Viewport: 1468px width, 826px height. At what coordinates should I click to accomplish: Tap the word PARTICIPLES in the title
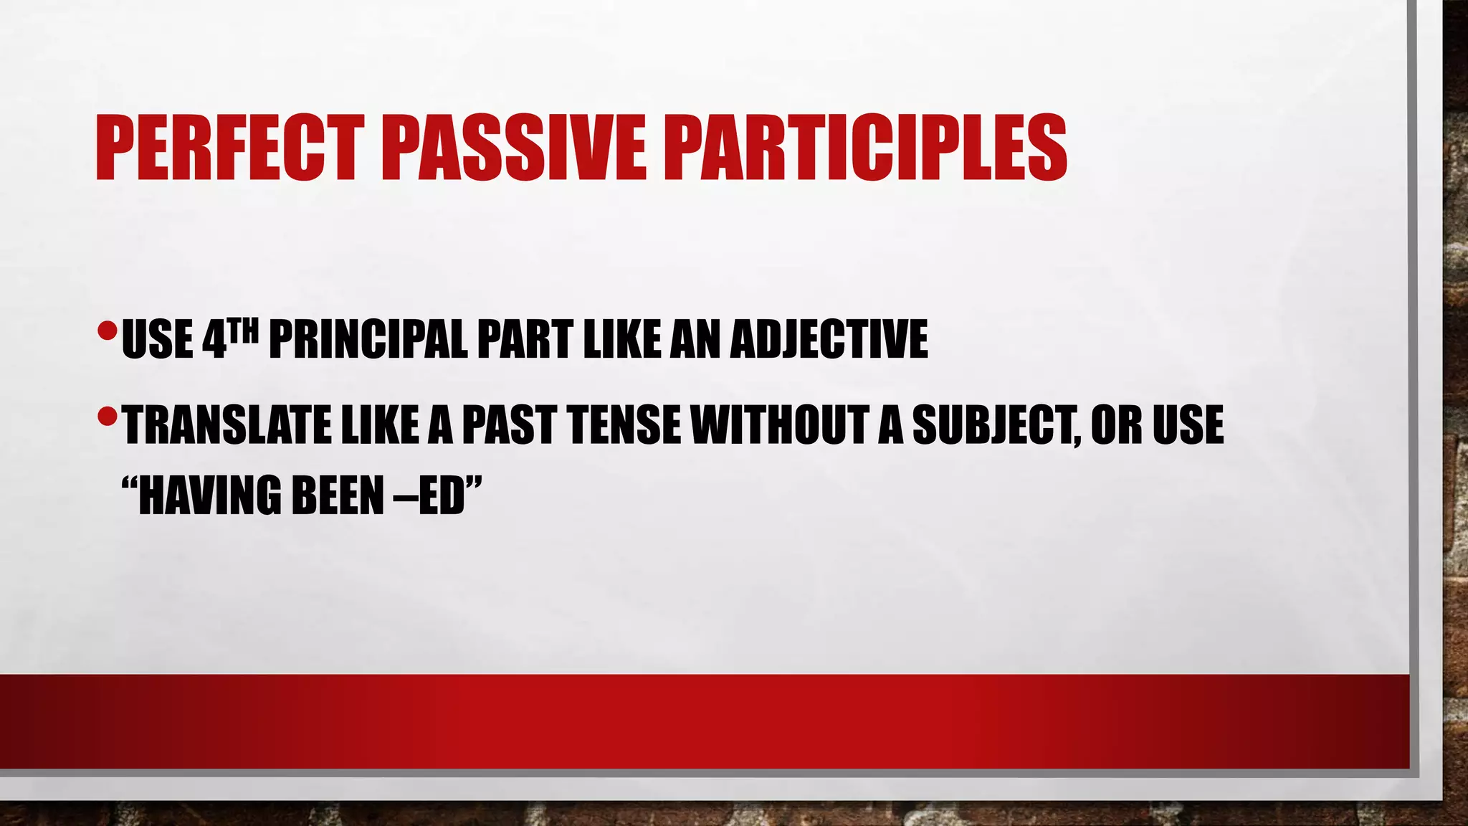click(865, 149)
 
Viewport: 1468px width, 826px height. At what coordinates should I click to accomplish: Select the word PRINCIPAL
click(368, 339)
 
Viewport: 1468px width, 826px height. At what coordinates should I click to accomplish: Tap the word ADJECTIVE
click(829, 339)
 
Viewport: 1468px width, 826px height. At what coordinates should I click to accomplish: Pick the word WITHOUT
click(778, 424)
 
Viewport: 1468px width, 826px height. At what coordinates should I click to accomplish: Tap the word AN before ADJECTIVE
click(695, 339)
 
